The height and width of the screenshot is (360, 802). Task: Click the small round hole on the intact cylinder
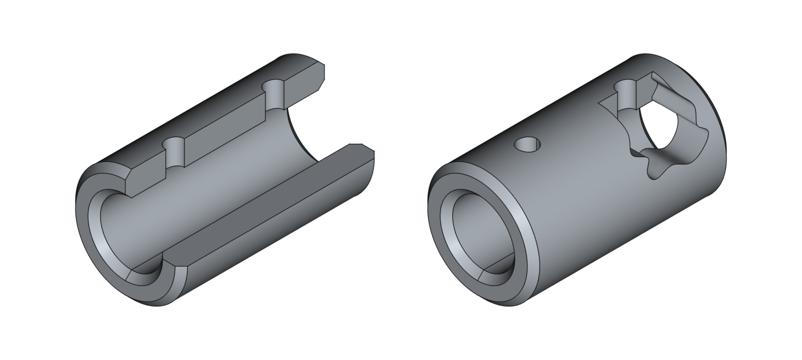(528, 145)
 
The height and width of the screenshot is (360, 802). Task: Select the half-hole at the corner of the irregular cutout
(626, 94)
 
